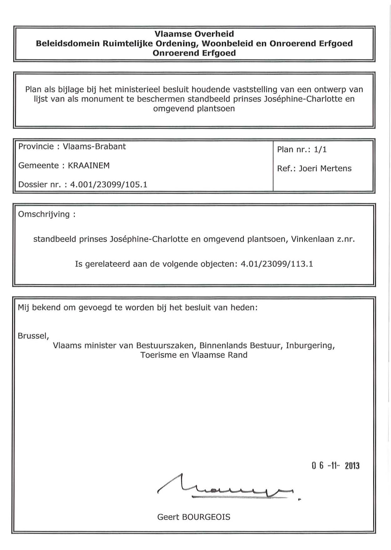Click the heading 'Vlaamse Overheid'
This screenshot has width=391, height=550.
(x=194, y=34)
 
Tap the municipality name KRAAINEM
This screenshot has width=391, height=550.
(x=89, y=166)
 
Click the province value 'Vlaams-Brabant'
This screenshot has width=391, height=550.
(x=94, y=146)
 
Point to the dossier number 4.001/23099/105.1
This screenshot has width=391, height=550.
(x=108, y=185)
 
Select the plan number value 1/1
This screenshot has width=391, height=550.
(x=320, y=150)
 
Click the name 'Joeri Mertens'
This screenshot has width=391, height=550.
(x=325, y=169)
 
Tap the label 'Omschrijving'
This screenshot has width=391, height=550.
(x=44, y=214)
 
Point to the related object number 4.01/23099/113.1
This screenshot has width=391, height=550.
(x=277, y=264)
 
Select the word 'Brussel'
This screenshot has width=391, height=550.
(x=33, y=336)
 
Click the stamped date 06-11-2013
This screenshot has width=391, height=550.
(x=335, y=466)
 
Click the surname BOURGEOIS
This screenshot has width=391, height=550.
(x=206, y=517)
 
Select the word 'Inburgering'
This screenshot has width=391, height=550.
(x=310, y=345)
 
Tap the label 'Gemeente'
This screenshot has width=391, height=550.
(x=38, y=166)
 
